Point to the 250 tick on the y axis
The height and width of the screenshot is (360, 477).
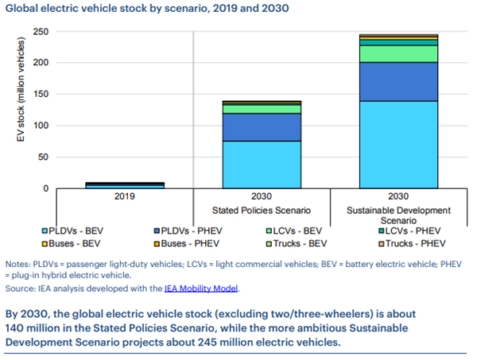40,31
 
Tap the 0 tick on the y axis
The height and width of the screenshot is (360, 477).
45,188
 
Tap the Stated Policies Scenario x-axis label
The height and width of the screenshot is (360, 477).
262,211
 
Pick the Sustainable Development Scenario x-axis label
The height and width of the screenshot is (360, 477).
398,216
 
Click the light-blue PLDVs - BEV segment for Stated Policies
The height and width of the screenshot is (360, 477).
262,164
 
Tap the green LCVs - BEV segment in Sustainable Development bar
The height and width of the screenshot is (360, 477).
398,53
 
